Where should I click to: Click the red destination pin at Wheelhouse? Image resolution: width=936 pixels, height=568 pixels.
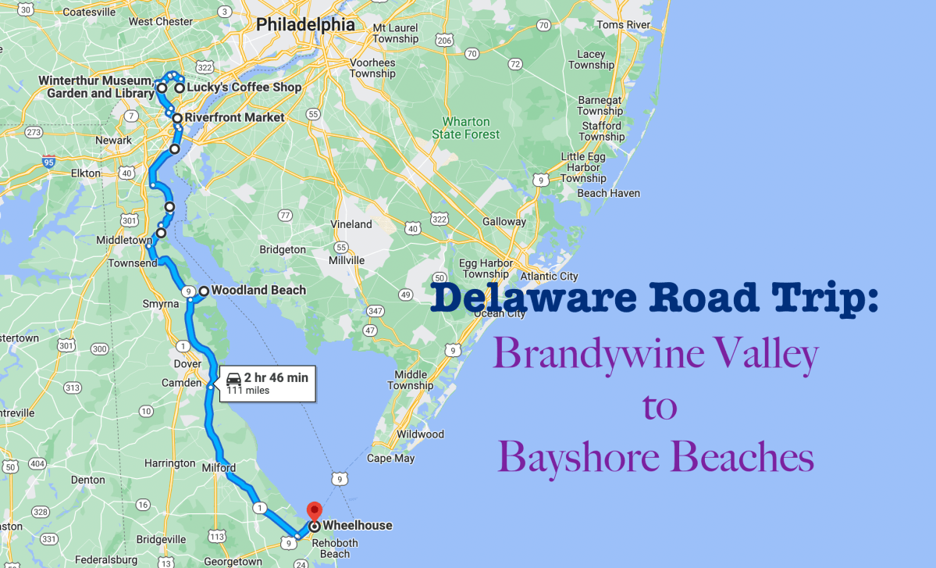(x=314, y=511)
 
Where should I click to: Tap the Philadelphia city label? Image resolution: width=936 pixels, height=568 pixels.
(x=305, y=25)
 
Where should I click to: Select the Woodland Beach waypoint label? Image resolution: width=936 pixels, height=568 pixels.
(x=258, y=291)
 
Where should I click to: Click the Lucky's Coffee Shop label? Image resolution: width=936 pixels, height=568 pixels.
(x=244, y=88)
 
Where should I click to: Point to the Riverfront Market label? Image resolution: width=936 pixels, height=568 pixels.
(x=234, y=118)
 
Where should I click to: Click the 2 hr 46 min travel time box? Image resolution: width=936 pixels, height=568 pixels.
(x=268, y=383)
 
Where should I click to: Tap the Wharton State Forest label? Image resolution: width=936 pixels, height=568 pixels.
(x=466, y=128)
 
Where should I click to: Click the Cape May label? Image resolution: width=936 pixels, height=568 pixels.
(x=390, y=459)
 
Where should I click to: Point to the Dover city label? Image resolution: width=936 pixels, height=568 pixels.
(x=187, y=363)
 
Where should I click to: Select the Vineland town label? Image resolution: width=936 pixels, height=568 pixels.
(x=351, y=224)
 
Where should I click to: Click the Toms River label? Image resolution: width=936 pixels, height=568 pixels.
(x=623, y=25)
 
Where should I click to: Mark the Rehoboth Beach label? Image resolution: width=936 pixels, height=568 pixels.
(x=335, y=548)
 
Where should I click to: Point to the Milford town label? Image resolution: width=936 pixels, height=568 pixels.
(x=219, y=468)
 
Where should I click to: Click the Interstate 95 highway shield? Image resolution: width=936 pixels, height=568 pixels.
(x=48, y=163)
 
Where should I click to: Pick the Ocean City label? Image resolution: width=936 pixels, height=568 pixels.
(x=500, y=313)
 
